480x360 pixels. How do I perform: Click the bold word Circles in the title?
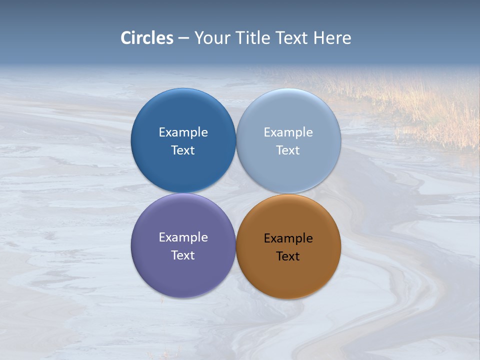tap(147, 38)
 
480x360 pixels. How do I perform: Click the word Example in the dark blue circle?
tap(183, 132)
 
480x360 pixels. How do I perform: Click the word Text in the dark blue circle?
tap(183, 150)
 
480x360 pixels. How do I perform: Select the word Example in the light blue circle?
tap(288, 132)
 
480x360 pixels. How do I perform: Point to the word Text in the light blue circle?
tap(288, 150)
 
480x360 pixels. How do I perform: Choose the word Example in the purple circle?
tap(183, 237)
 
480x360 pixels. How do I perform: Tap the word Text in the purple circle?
tap(183, 255)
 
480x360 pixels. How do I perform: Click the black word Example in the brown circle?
tap(288, 238)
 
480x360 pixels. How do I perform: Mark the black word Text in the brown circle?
tap(288, 256)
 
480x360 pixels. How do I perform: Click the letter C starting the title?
tap(125, 38)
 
